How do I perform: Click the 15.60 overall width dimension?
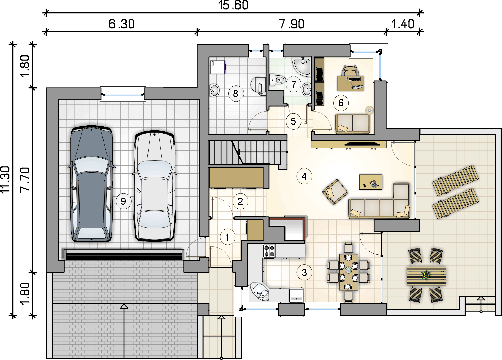[x=233, y=5]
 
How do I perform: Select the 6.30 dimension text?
[x=121, y=24]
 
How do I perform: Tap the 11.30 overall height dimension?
[x=5, y=179]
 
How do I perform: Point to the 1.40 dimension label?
[x=403, y=24]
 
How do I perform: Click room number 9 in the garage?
[x=123, y=201]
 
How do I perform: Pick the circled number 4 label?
[x=304, y=176]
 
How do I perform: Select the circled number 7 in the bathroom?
[x=294, y=84]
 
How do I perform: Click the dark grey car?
[x=91, y=183]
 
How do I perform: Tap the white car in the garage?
[x=154, y=186]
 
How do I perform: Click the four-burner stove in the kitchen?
[x=269, y=251]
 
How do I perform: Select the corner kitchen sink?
[x=259, y=292]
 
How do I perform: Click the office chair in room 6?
[x=350, y=71]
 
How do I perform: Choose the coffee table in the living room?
[x=371, y=182]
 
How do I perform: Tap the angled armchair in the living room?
[x=335, y=192]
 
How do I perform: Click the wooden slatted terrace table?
[x=426, y=276]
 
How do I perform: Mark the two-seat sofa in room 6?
[x=352, y=124]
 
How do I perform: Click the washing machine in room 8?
[x=218, y=67]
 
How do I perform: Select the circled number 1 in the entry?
[x=227, y=237]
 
